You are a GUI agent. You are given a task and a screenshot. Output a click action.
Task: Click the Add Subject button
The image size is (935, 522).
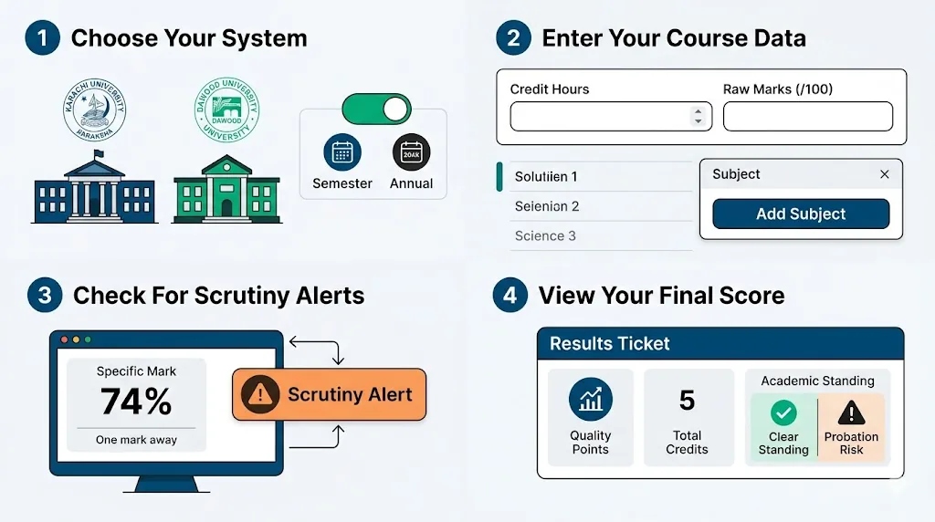(801, 214)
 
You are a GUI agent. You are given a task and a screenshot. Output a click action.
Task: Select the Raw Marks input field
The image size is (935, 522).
(807, 117)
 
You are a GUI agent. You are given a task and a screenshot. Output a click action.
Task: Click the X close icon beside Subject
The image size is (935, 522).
(884, 174)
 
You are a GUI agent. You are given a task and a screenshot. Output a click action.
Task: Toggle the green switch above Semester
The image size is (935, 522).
(376, 110)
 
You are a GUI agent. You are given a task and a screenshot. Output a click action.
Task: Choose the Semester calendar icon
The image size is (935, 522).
(342, 152)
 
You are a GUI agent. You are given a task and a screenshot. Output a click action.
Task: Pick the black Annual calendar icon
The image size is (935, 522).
(411, 152)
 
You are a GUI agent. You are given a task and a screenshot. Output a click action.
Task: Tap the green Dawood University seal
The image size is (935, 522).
(226, 110)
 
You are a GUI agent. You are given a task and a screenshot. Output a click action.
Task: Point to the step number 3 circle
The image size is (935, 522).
(45, 296)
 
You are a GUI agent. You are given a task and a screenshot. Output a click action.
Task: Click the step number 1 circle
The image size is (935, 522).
(42, 38)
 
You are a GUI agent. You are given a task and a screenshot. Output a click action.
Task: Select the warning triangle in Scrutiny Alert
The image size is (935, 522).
(262, 394)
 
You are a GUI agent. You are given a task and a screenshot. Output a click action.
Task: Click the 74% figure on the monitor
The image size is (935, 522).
(136, 402)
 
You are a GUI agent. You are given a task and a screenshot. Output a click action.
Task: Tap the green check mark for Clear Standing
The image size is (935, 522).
(783, 413)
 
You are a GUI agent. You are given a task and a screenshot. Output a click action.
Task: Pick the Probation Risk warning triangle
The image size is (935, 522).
(851, 413)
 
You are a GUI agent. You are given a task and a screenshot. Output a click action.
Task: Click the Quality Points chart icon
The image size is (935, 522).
(590, 400)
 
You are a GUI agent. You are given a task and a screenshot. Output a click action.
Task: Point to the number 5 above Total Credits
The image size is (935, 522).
(687, 400)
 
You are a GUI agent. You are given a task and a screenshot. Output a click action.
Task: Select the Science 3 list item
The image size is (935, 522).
(545, 235)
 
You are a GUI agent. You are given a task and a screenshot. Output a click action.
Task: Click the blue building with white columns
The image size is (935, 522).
(95, 192)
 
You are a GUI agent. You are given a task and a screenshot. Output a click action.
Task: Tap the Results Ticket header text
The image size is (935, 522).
(610, 344)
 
